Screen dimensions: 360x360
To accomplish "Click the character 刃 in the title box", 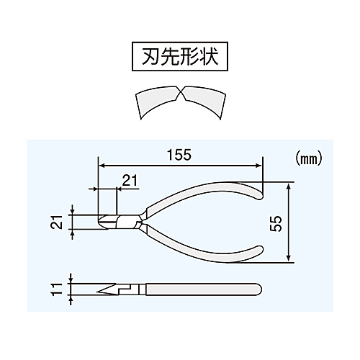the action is (x=150, y=57).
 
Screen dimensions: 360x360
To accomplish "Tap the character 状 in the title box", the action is (x=210, y=57).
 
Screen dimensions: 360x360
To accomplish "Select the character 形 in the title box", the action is (x=190, y=57).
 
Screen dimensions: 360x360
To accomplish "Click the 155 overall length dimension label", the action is (x=179, y=155).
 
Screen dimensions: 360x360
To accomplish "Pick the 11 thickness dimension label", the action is (x=58, y=289).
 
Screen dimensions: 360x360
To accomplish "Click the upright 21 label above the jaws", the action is (x=130, y=181).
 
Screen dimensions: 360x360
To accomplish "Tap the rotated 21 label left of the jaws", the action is (x=58, y=222).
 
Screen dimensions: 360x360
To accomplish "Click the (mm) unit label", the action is (x=307, y=159).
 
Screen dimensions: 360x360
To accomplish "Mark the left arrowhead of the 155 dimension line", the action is (x=102, y=166).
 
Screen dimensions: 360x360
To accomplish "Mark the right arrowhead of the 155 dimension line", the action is (x=258, y=166).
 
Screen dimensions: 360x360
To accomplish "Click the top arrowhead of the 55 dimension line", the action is (x=289, y=185).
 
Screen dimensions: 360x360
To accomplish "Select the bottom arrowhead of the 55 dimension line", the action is (x=289, y=258).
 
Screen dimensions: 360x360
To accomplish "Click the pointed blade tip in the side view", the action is (x=98, y=292).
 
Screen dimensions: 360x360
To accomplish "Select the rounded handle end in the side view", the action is (x=258, y=289).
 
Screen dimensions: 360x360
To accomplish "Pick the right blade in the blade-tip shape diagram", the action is (x=204, y=101).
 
